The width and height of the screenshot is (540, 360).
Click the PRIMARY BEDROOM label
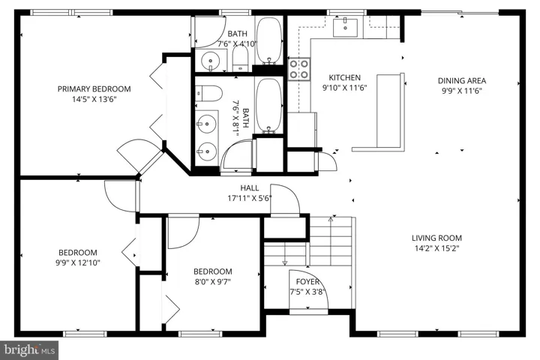click(94, 89)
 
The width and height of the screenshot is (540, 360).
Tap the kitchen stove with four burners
click(299, 69)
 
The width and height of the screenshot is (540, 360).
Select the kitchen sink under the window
click(345, 27)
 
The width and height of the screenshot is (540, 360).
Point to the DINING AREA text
click(462, 80)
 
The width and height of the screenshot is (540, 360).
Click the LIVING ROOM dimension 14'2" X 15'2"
click(437, 248)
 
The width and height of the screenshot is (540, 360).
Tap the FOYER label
click(307, 282)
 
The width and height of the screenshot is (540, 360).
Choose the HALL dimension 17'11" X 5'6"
click(250, 198)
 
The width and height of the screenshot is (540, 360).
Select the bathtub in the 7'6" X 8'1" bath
click(269, 106)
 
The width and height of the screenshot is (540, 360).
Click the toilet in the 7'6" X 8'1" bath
click(209, 93)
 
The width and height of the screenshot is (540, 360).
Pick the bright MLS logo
click(29, 350)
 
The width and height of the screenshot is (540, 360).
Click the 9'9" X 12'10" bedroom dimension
click(78, 262)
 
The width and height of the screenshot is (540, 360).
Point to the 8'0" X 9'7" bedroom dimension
click(212, 282)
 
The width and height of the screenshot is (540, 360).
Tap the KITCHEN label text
click(345, 77)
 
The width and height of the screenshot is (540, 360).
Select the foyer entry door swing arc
click(308, 283)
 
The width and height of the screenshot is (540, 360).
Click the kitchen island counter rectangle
click(390, 110)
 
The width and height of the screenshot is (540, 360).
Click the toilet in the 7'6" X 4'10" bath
click(240, 58)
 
